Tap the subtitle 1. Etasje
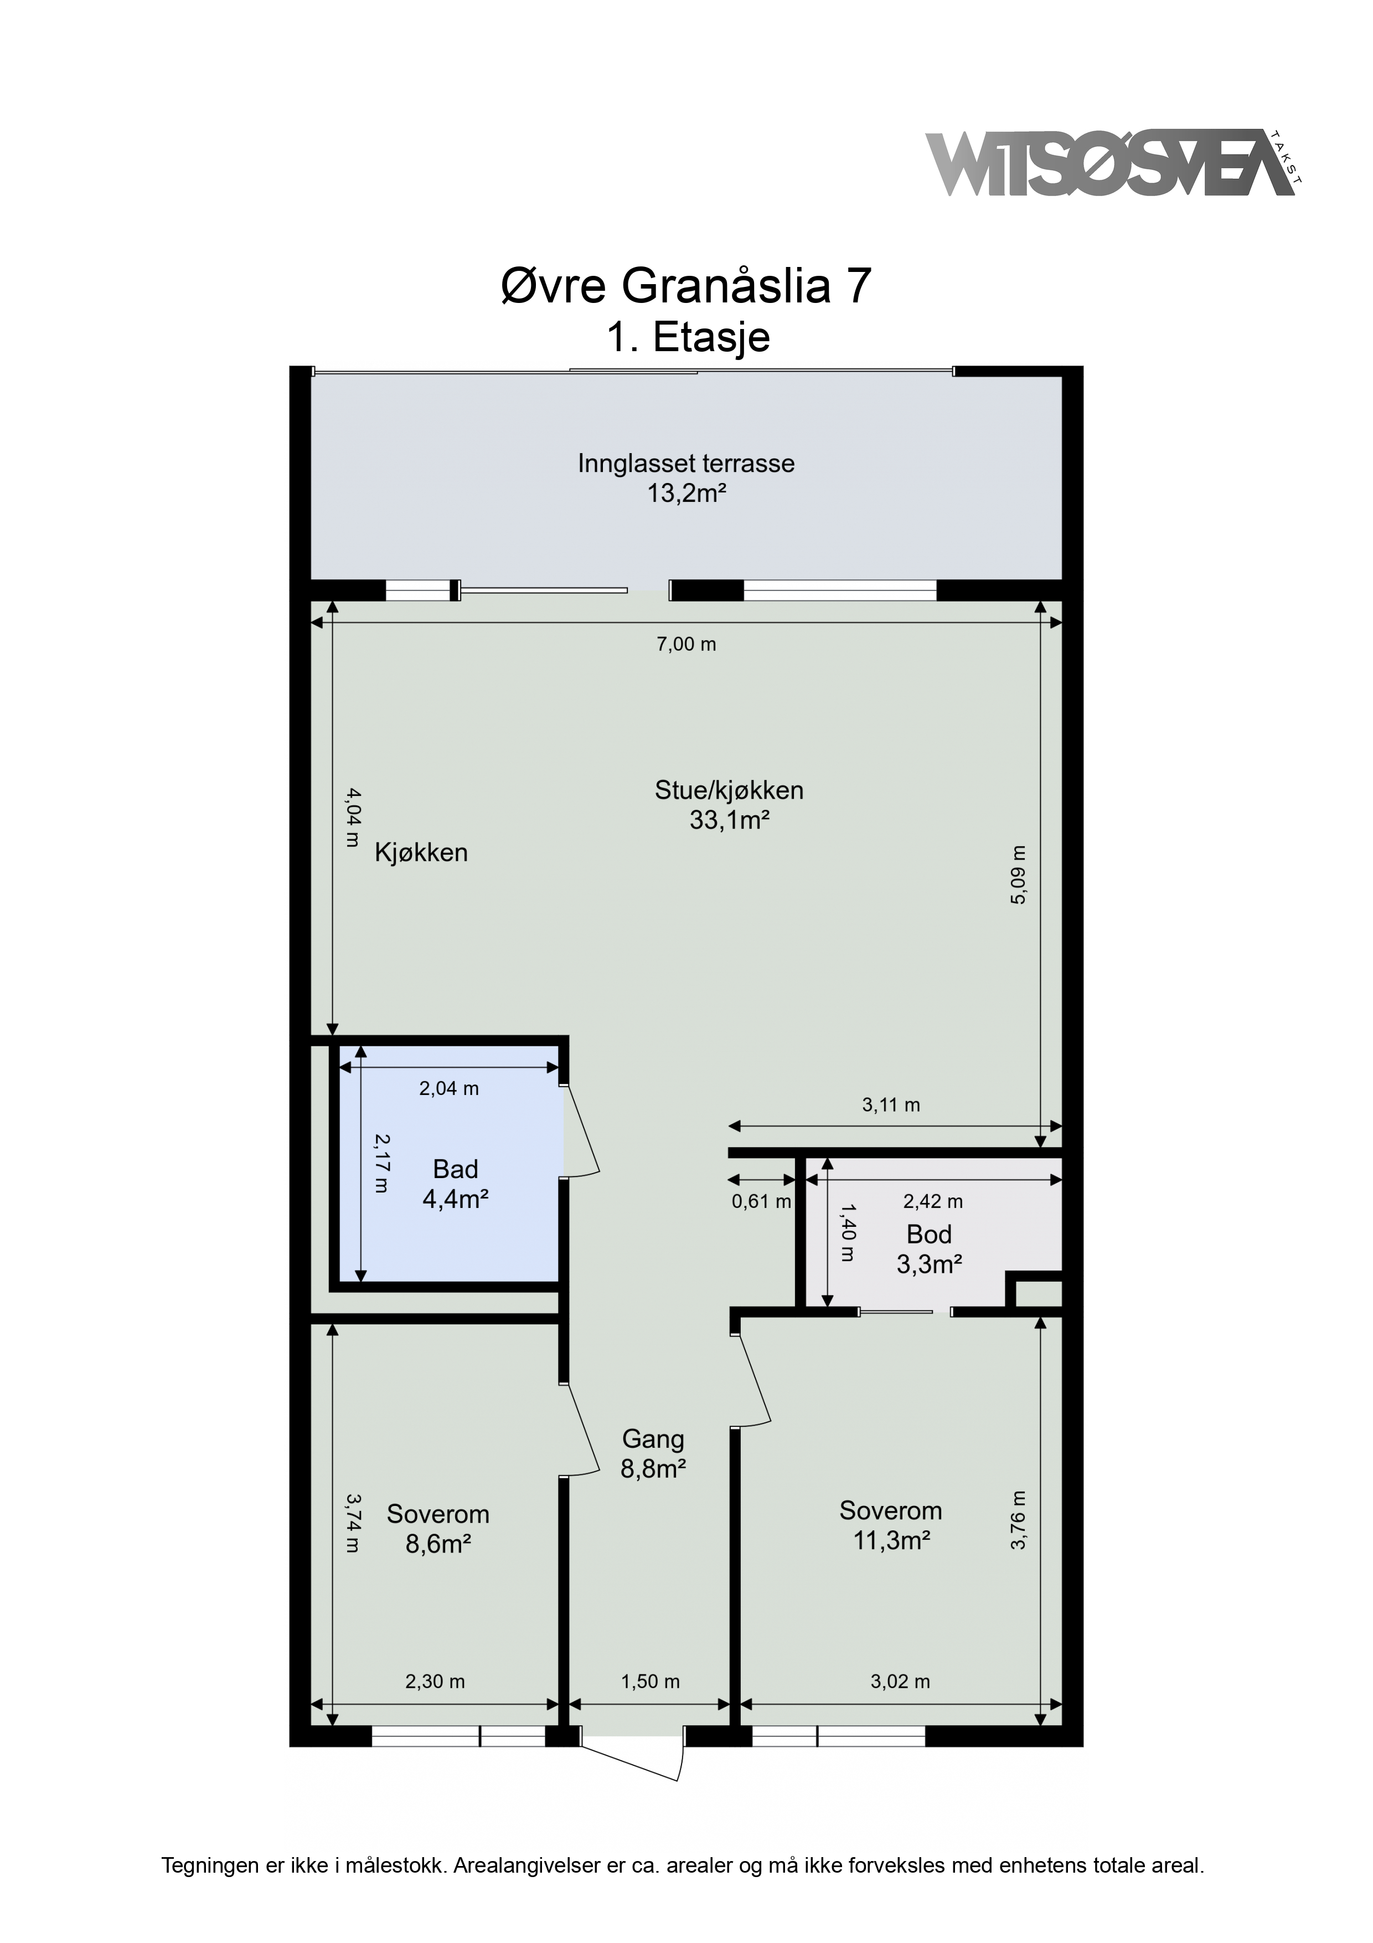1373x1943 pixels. click(x=688, y=338)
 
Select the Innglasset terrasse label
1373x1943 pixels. click(x=686, y=477)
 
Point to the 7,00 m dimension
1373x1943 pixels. click(x=686, y=644)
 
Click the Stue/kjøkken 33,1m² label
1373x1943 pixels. click(x=729, y=805)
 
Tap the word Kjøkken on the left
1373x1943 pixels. click(x=421, y=852)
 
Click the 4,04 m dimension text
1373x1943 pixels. click(x=354, y=818)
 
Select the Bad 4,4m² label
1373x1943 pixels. click(x=456, y=1184)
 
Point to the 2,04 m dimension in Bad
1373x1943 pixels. click(x=449, y=1089)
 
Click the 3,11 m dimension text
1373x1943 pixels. click(x=891, y=1104)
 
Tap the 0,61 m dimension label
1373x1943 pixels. click(x=761, y=1201)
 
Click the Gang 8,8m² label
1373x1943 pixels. click(x=653, y=1454)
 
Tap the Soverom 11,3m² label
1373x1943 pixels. click(x=891, y=1526)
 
